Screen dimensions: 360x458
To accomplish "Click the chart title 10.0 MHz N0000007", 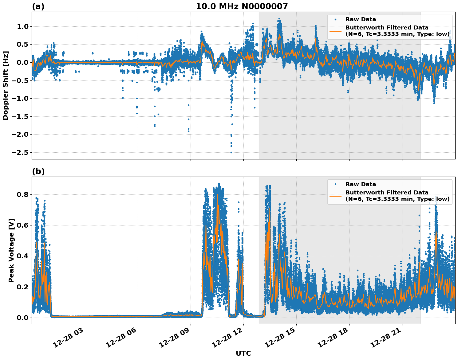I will [x=242, y=6].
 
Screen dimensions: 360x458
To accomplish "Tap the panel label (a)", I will [x=38, y=6].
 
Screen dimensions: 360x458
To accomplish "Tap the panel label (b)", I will [x=38, y=171].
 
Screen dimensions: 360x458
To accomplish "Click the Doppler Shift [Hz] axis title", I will [x=6, y=85].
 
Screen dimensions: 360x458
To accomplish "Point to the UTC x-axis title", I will [x=243, y=353].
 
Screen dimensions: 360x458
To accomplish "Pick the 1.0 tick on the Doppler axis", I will [x=23, y=27].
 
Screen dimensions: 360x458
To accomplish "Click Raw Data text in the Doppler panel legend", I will [x=361, y=19].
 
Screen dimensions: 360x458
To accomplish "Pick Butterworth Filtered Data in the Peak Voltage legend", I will [x=387, y=193].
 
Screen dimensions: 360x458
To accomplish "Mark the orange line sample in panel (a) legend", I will [x=335, y=31].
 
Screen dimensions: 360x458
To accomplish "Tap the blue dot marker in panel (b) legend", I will [x=335, y=184].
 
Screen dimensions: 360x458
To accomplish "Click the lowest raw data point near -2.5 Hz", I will [x=231, y=152].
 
